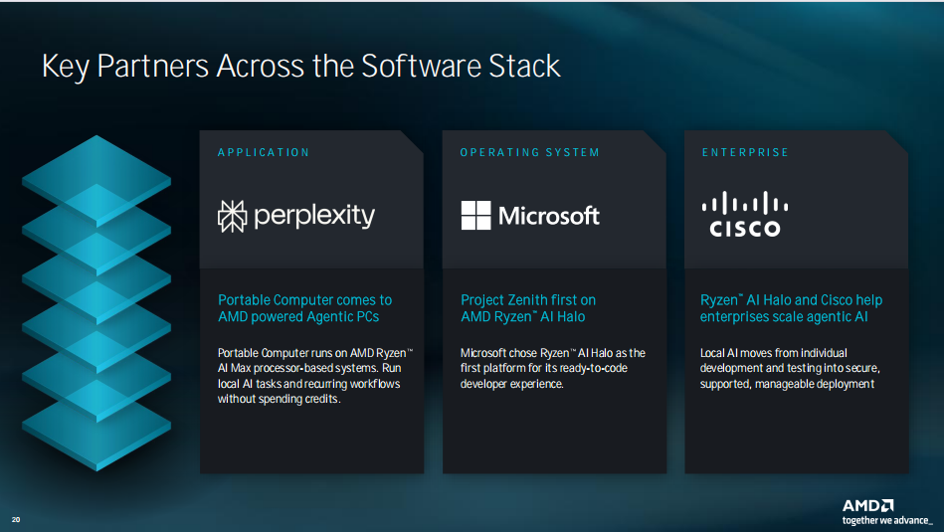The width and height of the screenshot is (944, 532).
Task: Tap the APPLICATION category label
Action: point(264,153)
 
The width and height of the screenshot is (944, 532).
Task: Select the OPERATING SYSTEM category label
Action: point(530,153)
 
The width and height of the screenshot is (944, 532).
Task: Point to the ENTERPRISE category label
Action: point(745,153)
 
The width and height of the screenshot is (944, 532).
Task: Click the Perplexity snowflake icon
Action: point(233,217)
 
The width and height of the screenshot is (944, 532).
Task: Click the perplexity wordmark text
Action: point(314,217)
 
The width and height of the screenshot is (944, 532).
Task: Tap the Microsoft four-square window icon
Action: point(476,216)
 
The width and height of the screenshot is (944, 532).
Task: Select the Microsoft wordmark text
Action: point(549,216)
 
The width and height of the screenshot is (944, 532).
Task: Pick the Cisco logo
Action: point(745,214)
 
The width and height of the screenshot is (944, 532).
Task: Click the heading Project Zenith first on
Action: point(528,299)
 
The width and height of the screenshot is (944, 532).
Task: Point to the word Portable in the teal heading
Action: point(244,299)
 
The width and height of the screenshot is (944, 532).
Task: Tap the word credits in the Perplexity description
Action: point(323,399)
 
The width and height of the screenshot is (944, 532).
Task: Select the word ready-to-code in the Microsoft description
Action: point(593,368)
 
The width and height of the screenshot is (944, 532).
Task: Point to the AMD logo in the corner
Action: point(867,505)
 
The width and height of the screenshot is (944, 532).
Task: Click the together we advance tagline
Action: point(887,521)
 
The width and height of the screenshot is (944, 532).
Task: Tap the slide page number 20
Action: point(16,519)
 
